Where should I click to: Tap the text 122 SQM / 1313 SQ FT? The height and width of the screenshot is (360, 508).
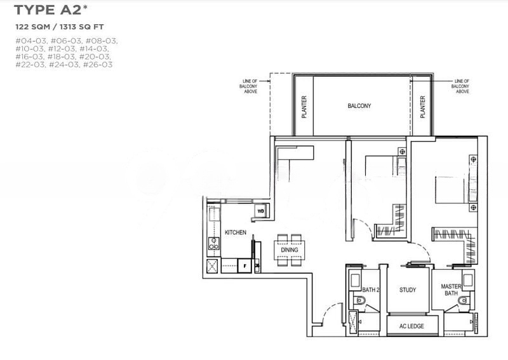[60, 27]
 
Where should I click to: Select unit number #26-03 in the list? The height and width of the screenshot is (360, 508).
[98, 65]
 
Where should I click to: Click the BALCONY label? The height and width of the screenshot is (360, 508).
[359, 106]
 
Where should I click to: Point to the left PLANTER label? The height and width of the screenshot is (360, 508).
[304, 107]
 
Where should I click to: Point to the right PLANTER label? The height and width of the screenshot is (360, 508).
[422, 107]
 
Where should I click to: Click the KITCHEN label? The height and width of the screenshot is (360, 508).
[236, 232]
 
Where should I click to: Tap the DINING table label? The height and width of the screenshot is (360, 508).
[290, 250]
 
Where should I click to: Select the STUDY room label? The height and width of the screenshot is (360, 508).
[408, 290]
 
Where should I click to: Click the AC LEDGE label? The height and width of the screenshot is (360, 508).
[411, 326]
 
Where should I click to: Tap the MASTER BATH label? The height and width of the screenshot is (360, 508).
[451, 290]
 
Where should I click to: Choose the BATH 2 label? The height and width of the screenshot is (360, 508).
[371, 290]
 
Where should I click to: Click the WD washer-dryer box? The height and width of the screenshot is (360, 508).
[261, 211]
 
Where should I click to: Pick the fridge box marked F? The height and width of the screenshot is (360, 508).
[244, 265]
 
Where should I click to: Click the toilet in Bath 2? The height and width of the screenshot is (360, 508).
[359, 300]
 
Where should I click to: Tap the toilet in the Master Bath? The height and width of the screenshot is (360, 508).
[464, 300]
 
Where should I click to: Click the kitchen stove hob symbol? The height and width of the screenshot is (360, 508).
[213, 243]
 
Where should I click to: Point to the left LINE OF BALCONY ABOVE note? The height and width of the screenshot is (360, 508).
[250, 86]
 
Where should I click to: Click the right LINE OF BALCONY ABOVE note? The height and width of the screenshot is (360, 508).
[460, 86]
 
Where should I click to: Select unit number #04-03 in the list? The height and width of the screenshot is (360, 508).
[30, 41]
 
